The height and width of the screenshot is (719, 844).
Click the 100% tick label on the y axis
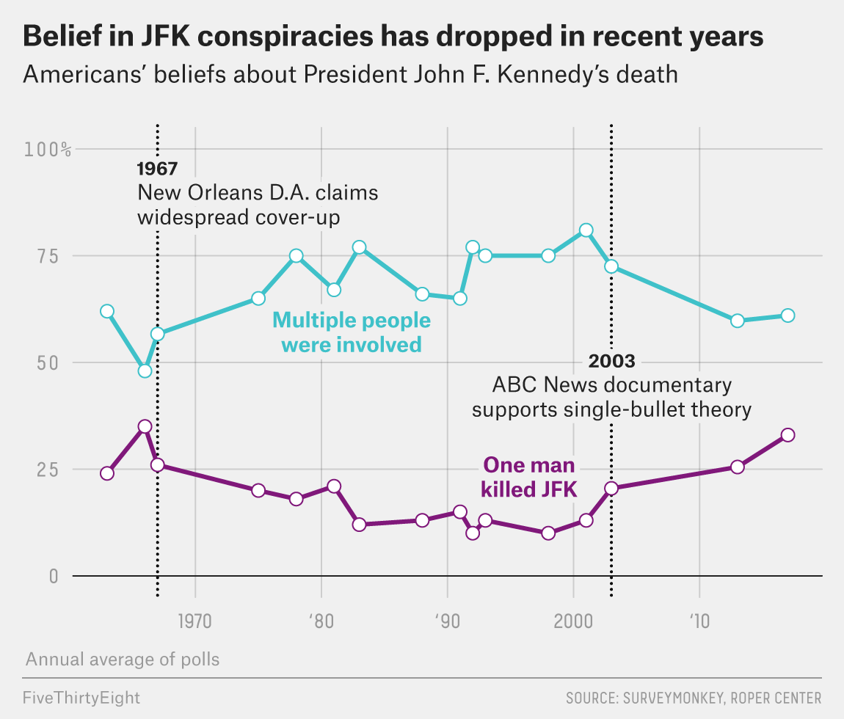coord(48,150)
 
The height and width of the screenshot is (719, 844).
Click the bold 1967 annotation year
coord(157,169)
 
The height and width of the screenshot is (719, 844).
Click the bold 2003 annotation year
coord(611,362)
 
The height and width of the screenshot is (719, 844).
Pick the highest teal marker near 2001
coord(586,230)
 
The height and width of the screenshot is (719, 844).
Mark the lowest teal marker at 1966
coord(145,371)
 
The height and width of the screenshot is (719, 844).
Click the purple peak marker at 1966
coord(145,426)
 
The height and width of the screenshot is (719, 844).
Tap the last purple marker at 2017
coord(787,434)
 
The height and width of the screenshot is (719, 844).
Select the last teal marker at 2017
coord(787,315)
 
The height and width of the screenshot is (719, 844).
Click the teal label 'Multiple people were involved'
coord(352,332)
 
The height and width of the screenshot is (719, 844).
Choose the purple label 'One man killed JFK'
coord(528,478)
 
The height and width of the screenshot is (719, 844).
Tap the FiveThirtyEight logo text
coord(81,697)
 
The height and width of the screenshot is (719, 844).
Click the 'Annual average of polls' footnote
coord(123,659)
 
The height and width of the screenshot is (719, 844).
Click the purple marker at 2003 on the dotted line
coord(611,489)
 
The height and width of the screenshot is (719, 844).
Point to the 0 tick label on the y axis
coord(53,576)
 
